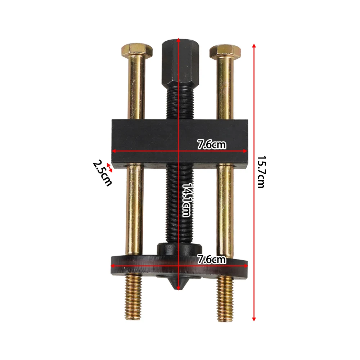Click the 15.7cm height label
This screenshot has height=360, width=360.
click(261, 172)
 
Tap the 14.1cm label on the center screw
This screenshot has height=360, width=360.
click(186, 200)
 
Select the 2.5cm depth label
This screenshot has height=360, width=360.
click(102, 173)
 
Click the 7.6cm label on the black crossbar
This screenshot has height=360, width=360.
click(212, 145)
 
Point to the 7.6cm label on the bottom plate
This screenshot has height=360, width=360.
click(212, 260)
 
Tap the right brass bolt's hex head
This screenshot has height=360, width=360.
click(225, 51)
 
